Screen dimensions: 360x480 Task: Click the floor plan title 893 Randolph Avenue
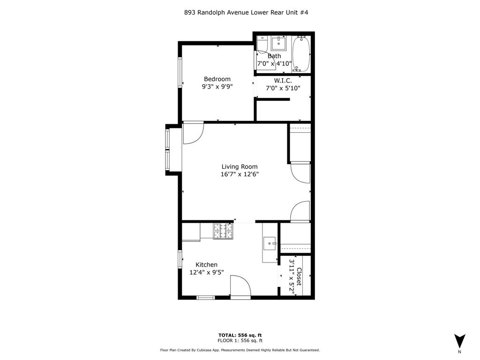coord(246,13)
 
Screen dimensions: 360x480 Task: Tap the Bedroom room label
coord(217,79)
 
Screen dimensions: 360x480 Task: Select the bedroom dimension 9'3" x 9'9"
coord(217,86)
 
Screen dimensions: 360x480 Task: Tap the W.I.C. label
coord(283,80)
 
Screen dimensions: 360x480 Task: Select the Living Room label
coord(240,166)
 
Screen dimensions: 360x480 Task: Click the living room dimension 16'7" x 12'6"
coord(240,174)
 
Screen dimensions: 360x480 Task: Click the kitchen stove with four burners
coord(223,231)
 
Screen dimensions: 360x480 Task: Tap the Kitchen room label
coord(206,264)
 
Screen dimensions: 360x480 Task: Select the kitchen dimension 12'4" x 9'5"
coord(206,272)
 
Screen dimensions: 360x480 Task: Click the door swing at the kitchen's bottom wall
coord(240,286)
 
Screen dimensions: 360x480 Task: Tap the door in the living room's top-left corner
coord(192,133)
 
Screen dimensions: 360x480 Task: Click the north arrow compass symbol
coord(459,341)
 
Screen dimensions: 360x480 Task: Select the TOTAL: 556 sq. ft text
coord(240,335)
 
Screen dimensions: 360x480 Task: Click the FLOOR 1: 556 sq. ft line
coord(240,341)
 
